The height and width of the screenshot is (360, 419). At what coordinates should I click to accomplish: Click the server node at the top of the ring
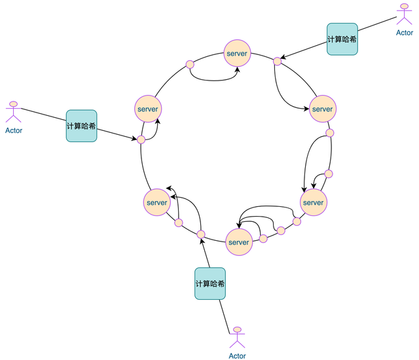[x=238, y=52]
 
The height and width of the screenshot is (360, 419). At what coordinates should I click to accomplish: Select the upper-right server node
[x=322, y=109]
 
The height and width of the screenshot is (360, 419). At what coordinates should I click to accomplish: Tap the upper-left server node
[x=148, y=109]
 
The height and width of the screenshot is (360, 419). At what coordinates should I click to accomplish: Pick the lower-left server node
[x=157, y=202]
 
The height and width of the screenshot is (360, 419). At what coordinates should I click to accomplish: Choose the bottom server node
[x=238, y=242]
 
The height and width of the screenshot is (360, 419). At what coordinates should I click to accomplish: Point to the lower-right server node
[x=314, y=202]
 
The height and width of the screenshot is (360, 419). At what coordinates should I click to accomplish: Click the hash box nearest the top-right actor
[x=342, y=39]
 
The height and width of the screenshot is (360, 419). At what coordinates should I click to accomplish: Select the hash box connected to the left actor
[x=81, y=125]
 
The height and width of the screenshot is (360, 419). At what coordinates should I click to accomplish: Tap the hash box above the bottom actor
[x=209, y=283]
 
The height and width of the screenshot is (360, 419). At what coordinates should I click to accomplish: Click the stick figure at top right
[x=405, y=14]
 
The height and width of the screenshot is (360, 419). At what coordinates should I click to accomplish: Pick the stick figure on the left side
[x=13, y=111]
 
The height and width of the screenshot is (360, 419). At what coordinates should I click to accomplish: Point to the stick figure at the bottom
[x=237, y=338]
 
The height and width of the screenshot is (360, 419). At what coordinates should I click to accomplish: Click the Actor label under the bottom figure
[x=237, y=356]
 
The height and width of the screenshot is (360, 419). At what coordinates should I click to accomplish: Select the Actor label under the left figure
[x=13, y=130]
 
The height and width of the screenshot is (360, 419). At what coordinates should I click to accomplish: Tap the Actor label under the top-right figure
[x=405, y=32]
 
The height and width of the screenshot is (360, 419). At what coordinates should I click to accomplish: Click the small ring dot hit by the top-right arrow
[x=278, y=62]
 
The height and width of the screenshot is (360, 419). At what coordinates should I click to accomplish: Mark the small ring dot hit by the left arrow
[x=141, y=139]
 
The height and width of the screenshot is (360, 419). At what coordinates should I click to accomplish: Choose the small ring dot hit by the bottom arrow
[x=201, y=234]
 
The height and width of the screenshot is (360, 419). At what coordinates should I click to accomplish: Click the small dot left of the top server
[x=190, y=64]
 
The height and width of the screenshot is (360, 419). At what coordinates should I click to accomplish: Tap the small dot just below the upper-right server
[x=329, y=133]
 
